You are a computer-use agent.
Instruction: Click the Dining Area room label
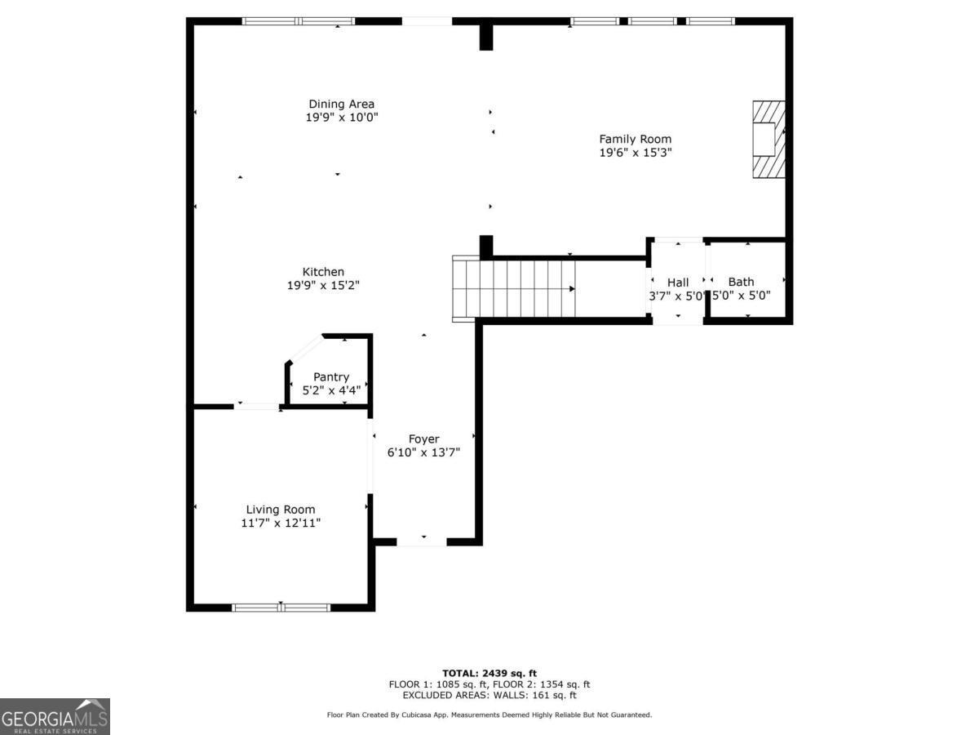click(x=341, y=104)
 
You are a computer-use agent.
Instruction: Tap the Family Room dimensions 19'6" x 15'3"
click(x=635, y=153)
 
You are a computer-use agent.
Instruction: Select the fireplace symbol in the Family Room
click(x=769, y=139)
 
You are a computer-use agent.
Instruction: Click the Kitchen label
click(x=323, y=272)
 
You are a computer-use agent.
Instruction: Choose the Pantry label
click(x=331, y=377)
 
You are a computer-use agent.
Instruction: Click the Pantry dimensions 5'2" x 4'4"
click(x=331, y=390)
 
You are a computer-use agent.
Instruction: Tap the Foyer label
click(x=423, y=439)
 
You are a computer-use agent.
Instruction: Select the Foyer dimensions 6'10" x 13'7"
click(x=423, y=452)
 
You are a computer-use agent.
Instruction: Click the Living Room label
click(x=281, y=510)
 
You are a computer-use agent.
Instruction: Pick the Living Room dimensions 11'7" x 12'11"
click(x=281, y=523)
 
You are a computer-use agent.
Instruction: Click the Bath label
click(x=741, y=282)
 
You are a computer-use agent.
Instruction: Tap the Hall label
click(x=678, y=283)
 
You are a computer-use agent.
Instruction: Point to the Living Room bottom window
click(x=281, y=607)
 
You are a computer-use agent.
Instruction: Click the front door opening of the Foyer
click(x=422, y=541)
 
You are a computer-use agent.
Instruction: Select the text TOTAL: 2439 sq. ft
click(x=489, y=673)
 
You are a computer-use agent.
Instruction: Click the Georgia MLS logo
click(x=55, y=716)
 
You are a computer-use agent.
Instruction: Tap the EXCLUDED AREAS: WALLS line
click(x=489, y=696)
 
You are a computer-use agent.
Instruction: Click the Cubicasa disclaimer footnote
click(x=489, y=715)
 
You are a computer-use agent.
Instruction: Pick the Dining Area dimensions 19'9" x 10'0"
click(x=341, y=118)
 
